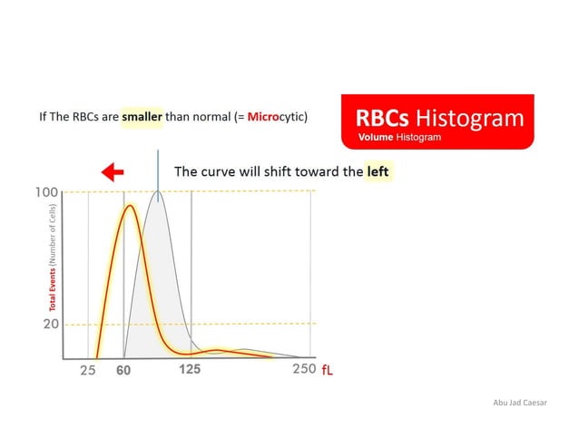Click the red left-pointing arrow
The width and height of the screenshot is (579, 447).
coord(113,172)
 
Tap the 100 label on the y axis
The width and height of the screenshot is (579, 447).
coord(47,192)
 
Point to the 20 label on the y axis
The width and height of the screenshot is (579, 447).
coord(51,324)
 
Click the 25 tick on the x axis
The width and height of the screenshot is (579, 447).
coord(87,370)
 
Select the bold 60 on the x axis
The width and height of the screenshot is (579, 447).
coord(123,370)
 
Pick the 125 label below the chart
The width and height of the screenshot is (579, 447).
coord(190,369)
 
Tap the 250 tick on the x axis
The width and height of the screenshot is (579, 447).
coord(303,369)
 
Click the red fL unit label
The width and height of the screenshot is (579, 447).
coord(329,370)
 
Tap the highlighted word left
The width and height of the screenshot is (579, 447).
coord(378,170)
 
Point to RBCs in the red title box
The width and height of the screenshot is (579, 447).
coord(382,119)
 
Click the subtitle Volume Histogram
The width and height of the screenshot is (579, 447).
coord(399,137)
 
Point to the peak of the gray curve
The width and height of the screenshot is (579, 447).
coord(158,192)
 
